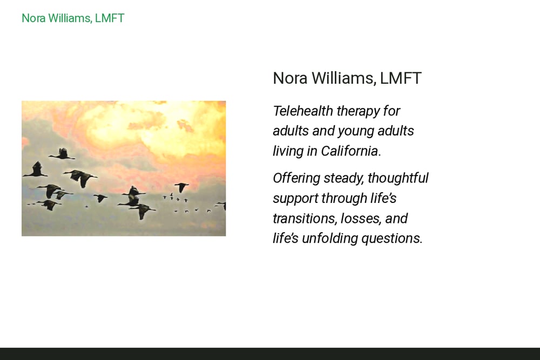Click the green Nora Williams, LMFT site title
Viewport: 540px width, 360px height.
pyautogui.click(x=73, y=18)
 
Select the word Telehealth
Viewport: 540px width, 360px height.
pyautogui.click(x=303, y=111)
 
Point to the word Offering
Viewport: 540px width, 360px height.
pyautogui.click(x=296, y=178)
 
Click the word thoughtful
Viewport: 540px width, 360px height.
pyautogui.click(x=398, y=178)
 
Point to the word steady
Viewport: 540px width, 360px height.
pyautogui.click(x=343, y=178)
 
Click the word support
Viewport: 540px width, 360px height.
pyautogui.click(x=295, y=199)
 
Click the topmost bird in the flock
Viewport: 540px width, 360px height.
pyautogui.click(x=62, y=154)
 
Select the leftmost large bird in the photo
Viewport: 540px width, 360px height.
pyautogui.click(x=36, y=170)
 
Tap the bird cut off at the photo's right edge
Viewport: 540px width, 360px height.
pyautogui.click(x=222, y=205)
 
